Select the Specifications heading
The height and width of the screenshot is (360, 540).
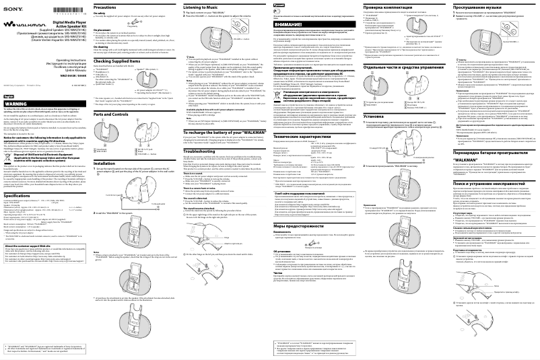coord(18,195)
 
